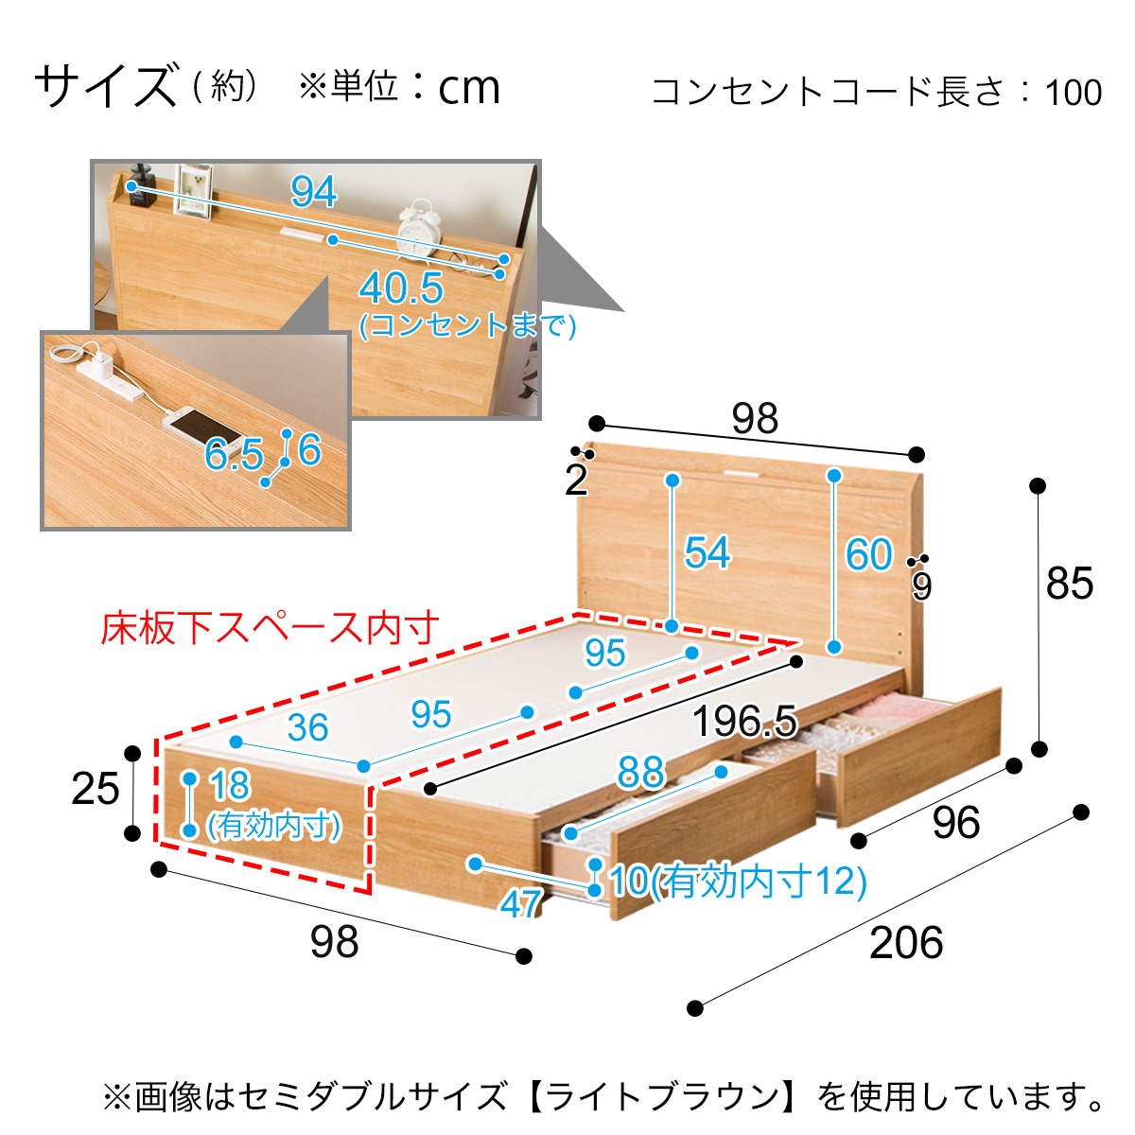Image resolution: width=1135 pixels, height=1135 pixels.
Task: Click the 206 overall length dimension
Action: (x=905, y=943)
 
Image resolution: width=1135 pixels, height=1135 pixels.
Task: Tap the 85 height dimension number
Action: (x=1069, y=584)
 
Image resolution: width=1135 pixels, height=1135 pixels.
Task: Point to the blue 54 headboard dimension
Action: (x=707, y=552)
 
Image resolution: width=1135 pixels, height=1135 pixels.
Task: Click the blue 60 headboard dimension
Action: (x=869, y=554)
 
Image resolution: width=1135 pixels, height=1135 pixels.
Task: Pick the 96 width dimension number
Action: (x=956, y=823)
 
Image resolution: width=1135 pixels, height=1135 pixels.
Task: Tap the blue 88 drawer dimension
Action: (x=641, y=773)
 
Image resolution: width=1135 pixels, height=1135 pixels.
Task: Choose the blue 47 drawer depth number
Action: (x=520, y=903)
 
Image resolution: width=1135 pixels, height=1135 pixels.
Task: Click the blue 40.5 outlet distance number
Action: (x=401, y=288)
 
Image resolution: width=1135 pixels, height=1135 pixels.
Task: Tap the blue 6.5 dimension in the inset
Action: (x=234, y=454)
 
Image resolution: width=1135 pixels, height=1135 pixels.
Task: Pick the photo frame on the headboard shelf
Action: (x=193, y=191)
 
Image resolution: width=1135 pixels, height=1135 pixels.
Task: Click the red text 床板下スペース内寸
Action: (x=270, y=628)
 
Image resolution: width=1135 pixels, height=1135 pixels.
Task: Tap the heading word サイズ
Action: (x=106, y=87)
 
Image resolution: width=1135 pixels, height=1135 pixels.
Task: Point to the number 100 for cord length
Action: (x=1074, y=92)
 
